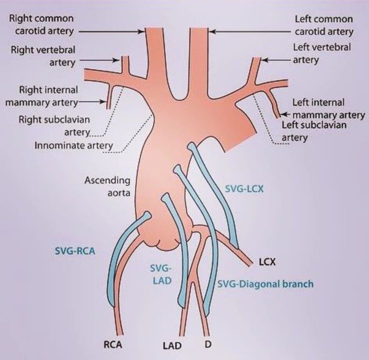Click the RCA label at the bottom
pos(113,345)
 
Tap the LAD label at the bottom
pos(173,346)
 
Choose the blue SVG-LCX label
pos(245,189)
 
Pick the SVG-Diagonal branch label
pos(265,284)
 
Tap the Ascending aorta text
pos(108,186)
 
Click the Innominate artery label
pos(73,145)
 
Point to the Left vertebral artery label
pos(322,53)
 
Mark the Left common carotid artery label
pos(324,25)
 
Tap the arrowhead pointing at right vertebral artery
pos(119,60)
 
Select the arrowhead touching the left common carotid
pos(211,32)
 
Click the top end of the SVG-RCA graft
pos(147,215)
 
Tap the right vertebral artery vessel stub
pos(125,63)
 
